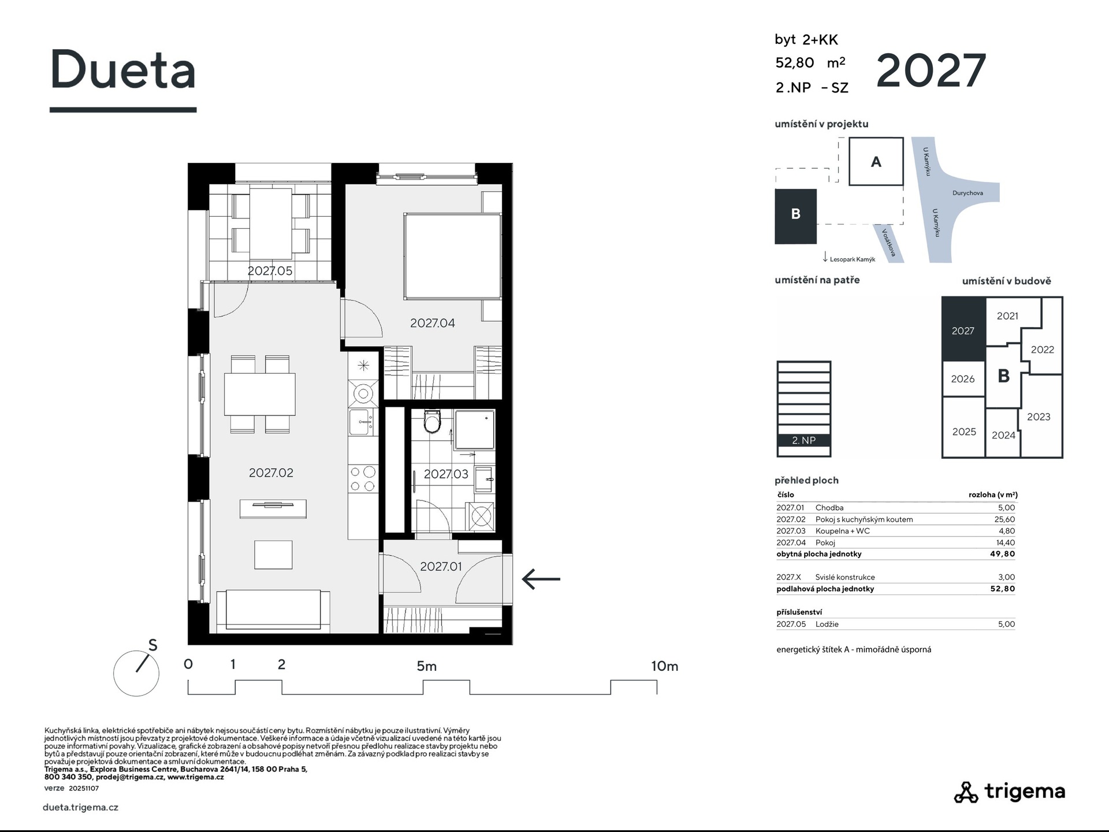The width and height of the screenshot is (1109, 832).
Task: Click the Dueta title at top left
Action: (x=123, y=69)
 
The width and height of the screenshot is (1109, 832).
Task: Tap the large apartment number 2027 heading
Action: (x=931, y=70)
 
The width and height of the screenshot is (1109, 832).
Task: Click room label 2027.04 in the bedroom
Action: (x=433, y=323)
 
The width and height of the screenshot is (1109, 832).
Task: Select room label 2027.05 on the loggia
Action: (x=270, y=270)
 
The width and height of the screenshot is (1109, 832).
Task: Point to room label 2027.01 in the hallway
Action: (x=441, y=566)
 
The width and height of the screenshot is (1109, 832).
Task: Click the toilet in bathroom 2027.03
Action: (x=431, y=421)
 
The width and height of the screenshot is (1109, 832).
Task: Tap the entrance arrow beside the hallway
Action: (x=541, y=578)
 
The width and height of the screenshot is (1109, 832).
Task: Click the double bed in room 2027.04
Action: (x=452, y=256)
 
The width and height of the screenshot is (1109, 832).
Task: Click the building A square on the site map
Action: (x=876, y=161)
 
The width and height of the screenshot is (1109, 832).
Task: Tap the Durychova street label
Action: (x=967, y=193)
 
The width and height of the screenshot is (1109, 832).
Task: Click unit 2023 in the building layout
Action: (x=1039, y=417)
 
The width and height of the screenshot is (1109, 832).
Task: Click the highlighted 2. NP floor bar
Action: (x=804, y=440)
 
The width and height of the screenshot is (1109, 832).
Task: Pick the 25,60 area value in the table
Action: (x=1004, y=519)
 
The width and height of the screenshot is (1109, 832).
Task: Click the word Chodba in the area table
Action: (x=829, y=508)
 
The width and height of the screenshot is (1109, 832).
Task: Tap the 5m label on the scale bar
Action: (x=427, y=666)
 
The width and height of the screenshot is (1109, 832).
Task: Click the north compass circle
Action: (x=136, y=673)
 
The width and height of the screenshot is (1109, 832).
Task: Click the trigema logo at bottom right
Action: (x=1009, y=792)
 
